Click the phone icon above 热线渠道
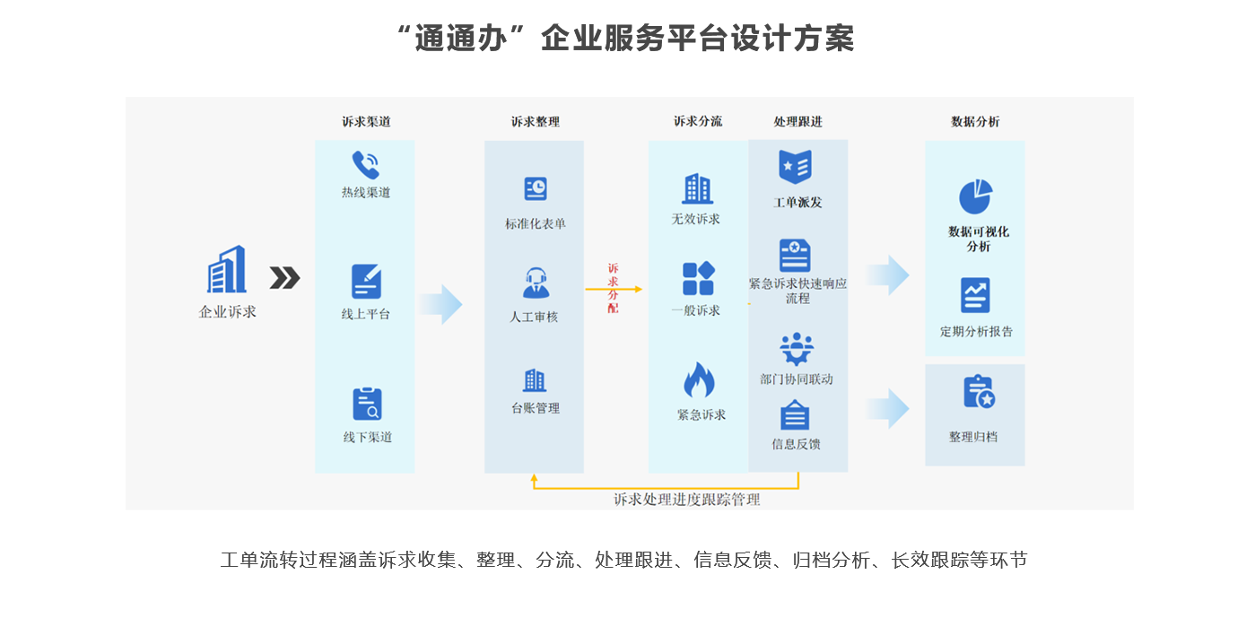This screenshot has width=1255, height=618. click(x=365, y=165)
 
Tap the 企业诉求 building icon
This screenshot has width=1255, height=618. click(x=227, y=269)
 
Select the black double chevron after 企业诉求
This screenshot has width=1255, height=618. click(x=284, y=279)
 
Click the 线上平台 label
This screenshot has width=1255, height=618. click(x=365, y=314)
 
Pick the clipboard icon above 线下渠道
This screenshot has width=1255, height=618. click(x=366, y=404)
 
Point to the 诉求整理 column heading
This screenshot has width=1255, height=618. click(x=536, y=122)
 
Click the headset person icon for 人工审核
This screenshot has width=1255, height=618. click(x=536, y=283)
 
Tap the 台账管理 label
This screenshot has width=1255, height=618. click(x=535, y=408)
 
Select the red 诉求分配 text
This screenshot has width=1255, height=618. click(x=613, y=288)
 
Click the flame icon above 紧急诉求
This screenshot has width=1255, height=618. click(x=699, y=380)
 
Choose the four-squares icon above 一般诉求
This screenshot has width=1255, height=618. click(x=698, y=278)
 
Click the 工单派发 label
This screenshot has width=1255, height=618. click(x=797, y=203)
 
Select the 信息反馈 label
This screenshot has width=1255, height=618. click(x=796, y=444)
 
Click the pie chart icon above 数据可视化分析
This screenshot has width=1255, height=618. click(x=976, y=196)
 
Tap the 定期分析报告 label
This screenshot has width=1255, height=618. click(x=976, y=332)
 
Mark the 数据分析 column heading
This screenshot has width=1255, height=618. click(x=975, y=122)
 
